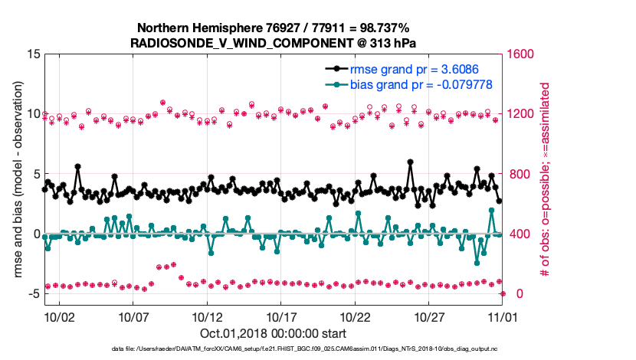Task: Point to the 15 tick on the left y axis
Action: click(32, 54)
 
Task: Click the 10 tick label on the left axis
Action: click(32, 114)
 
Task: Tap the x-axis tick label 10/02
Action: click(60, 316)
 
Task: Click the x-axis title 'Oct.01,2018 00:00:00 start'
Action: click(273, 334)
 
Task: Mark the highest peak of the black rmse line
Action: click(411, 162)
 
